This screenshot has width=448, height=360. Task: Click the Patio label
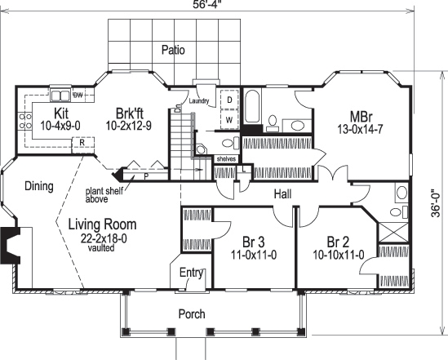[x=172, y=50]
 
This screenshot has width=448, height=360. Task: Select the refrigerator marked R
[x=82, y=142]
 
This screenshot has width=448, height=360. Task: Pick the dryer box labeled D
[x=230, y=100]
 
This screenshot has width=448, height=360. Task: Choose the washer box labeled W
[x=230, y=119]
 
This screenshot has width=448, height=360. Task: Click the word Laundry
[x=199, y=101]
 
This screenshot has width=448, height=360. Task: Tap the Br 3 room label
[x=254, y=242]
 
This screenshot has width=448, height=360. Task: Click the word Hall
[x=283, y=193]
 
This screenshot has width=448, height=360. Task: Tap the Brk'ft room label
[x=129, y=113]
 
